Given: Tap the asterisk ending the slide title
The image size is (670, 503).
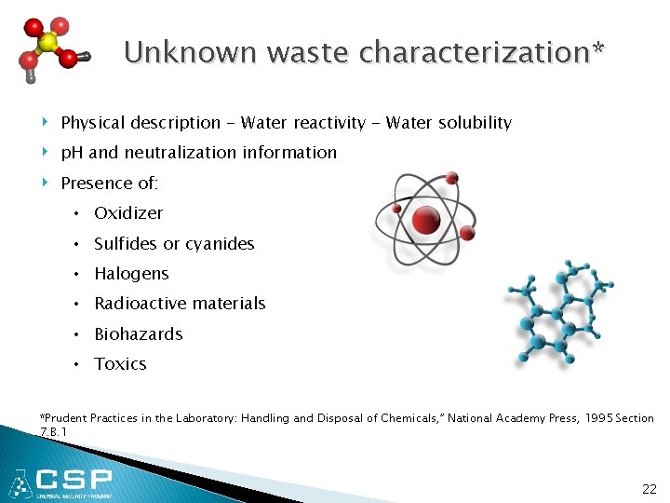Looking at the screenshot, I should click(597, 48).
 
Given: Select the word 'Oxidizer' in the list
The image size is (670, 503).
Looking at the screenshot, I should click(128, 213).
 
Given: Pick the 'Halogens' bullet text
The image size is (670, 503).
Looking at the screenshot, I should click(131, 274).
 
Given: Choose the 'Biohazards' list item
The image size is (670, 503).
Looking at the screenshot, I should click(138, 334).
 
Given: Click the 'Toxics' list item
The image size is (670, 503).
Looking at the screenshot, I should click(120, 364).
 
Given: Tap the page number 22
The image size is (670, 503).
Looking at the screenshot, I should click(649, 489).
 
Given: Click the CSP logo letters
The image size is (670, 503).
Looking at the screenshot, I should click(74, 482).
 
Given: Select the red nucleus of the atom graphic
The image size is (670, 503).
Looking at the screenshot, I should click(426, 221).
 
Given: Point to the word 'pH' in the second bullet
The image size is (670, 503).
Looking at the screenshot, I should click(72, 153).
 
